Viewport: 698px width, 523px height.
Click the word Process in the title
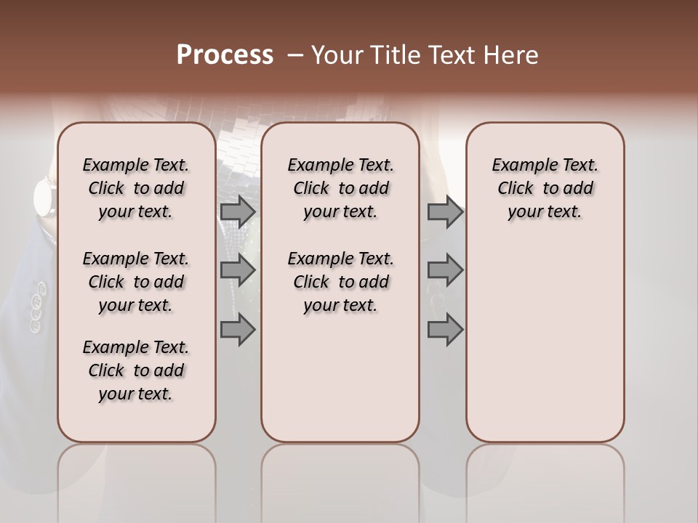[x=225, y=55]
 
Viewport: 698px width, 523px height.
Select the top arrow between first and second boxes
[x=238, y=211]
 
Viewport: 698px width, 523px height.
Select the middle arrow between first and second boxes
[x=238, y=271]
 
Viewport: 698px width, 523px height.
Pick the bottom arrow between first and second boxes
[x=238, y=330]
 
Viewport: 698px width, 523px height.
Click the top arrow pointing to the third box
[x=445, y=211]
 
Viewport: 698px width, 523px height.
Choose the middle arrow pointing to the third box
[x=445, y=271]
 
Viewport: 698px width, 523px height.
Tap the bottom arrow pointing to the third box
[x=445, y=330]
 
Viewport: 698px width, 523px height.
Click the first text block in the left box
[x=136, y=188]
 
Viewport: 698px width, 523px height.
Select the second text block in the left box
[x=136, y=282]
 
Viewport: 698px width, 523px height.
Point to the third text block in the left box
[x=136, y=370]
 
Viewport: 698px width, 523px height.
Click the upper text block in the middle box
[x=340, y=188]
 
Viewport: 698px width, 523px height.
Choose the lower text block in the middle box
[x=340, y=282]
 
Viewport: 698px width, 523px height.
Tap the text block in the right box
[x=545, y=188]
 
